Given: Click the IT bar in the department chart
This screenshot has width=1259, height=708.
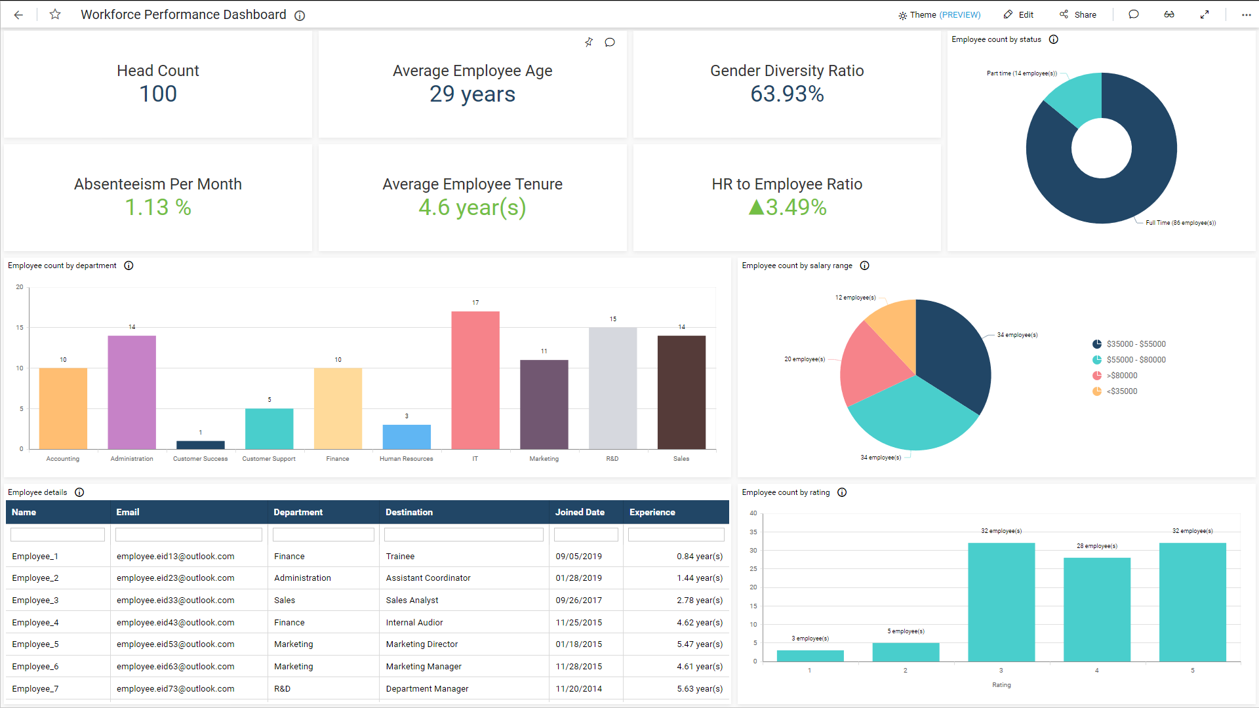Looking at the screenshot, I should [x=475, y=380].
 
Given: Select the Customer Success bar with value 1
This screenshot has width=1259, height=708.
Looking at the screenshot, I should [x=200, y=445].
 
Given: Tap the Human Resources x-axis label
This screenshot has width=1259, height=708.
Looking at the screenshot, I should [x=406, y=459].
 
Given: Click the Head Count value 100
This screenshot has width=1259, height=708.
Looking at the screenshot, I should [x=158, y=94].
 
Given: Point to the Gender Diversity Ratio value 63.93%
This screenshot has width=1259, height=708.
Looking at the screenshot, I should [x=787, y=94].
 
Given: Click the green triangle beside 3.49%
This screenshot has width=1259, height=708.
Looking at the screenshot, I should [x=756, y=208].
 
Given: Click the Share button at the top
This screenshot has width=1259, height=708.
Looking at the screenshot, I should [x=1078, y=14].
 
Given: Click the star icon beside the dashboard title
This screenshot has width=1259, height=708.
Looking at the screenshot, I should [x=55, y=14].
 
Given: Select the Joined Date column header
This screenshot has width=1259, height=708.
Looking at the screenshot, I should [x=580, y=512].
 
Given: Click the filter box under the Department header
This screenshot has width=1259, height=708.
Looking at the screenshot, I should [x=323, y=535].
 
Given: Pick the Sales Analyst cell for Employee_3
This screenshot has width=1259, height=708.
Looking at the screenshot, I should [x=412, y=600].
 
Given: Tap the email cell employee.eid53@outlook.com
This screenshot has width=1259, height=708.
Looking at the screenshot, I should [x=175, y=644].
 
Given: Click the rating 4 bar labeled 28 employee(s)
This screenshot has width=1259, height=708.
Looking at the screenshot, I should [x=1096, y=610].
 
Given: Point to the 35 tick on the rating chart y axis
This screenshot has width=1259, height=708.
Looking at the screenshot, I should [x=753, y=532].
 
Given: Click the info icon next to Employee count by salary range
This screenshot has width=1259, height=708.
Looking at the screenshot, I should [x=864, y=265].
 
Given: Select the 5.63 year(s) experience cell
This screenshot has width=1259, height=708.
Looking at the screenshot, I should [x=700, y=689].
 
